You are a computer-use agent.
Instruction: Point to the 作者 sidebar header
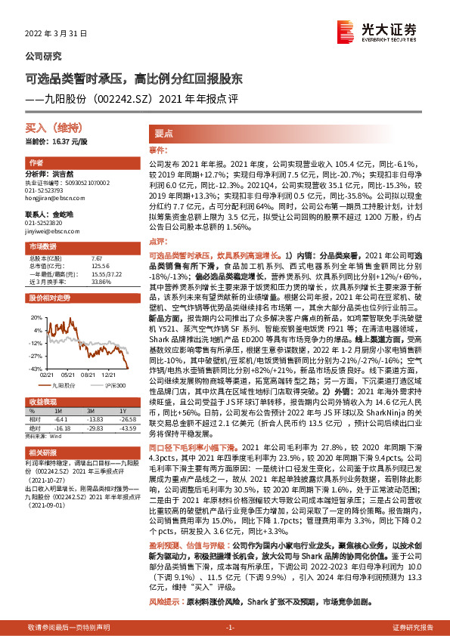coord(36,164)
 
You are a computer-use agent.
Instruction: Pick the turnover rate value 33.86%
coord(101,281)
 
